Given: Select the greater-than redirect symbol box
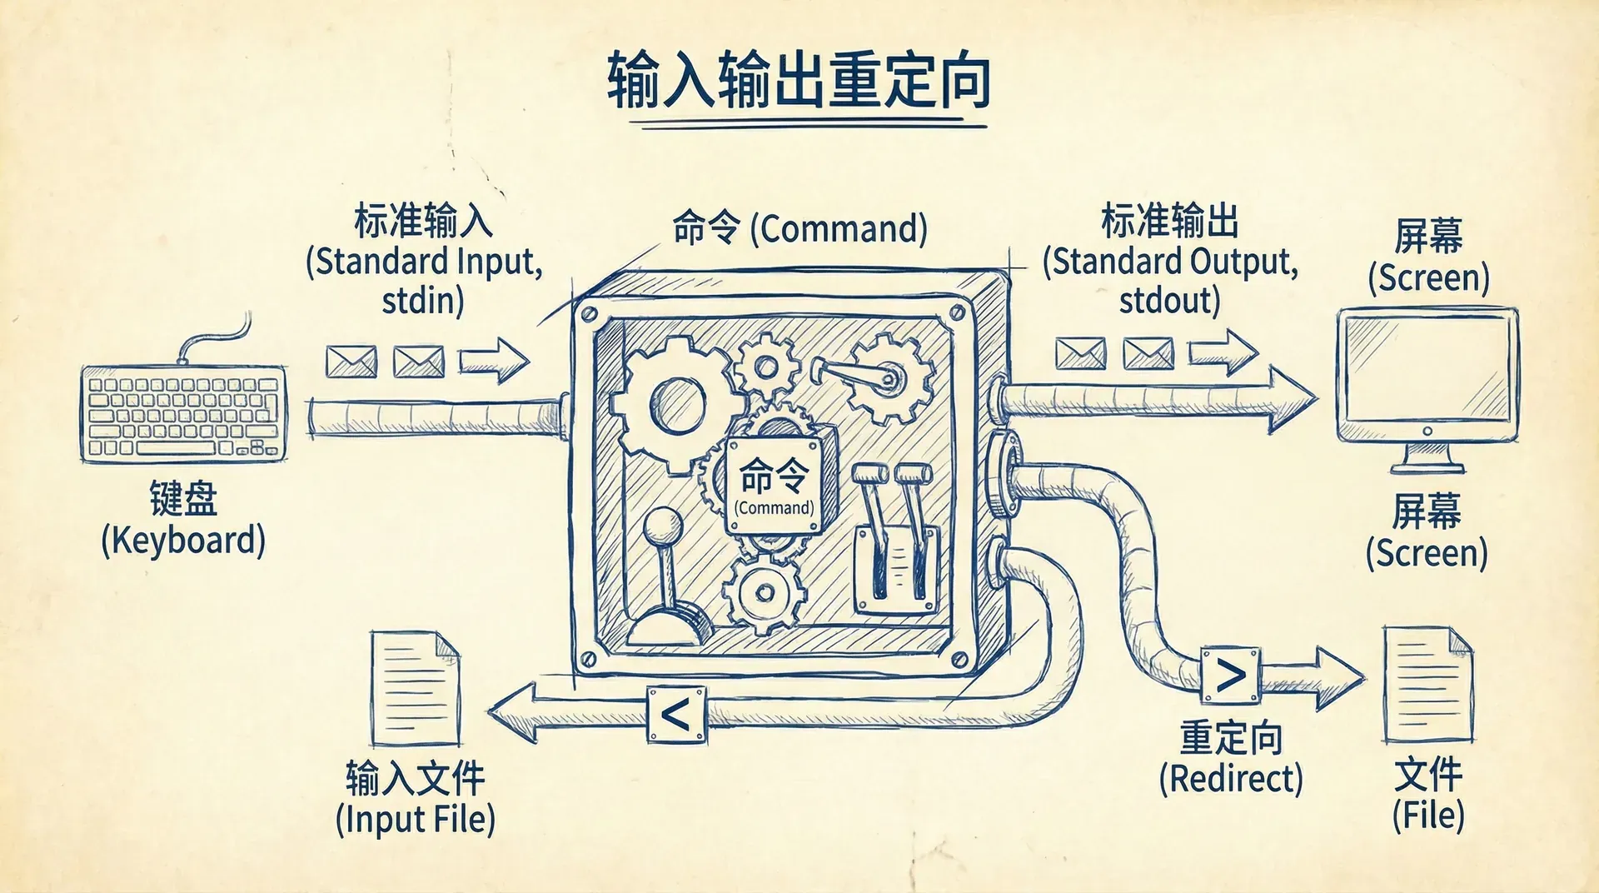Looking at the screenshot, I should [1230, 676].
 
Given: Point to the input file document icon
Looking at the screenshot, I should [415, 689].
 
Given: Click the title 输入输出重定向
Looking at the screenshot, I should [798, 81].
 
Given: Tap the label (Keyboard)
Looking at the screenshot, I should [183, 541].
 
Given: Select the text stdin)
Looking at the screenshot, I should [422, 301].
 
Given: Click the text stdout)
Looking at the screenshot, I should [1169, 301].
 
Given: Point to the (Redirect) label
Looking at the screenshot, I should [1231, 779].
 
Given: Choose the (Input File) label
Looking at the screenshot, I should [415, 819].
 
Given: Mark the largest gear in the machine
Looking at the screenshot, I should [676, 403].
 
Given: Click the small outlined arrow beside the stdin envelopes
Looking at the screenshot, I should [494, 361].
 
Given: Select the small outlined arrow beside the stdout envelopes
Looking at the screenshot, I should [1223, 352].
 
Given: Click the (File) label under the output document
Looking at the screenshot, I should [1427, 815].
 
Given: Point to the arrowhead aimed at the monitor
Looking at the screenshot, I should [1291, 400].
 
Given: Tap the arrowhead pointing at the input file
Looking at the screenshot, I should [513, 713].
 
